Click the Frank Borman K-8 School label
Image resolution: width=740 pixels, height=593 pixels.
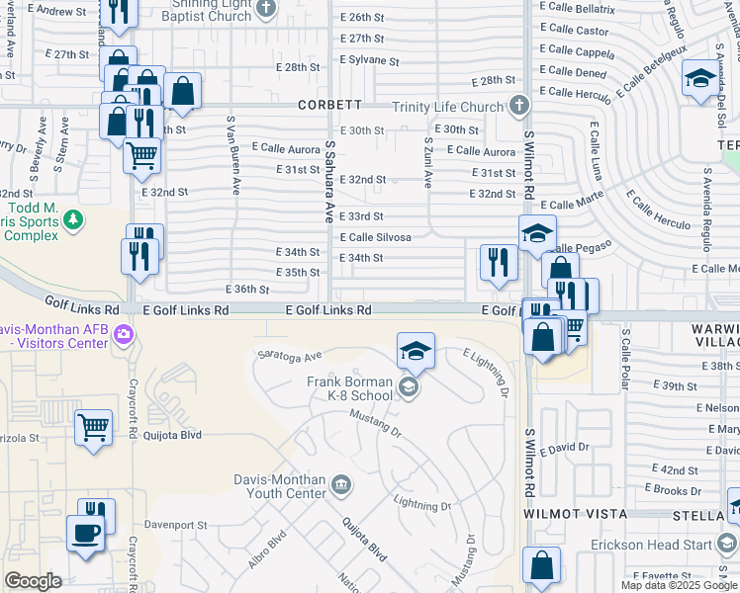350,388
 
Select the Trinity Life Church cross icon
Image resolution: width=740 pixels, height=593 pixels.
520,107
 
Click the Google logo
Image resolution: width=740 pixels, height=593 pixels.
33,581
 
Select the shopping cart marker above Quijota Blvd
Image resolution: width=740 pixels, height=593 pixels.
93,428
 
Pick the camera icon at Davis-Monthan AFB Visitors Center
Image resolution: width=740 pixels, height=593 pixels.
124,337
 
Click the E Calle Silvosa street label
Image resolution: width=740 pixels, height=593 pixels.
375,237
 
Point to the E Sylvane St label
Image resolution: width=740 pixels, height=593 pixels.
369,60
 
